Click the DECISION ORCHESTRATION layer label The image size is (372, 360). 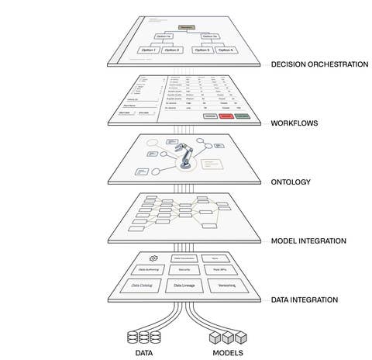319,64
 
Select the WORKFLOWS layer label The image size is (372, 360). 295,123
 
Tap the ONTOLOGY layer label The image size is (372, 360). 291,182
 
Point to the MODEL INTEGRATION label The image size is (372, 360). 309,241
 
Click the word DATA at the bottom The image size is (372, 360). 144,353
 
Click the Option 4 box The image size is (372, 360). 227,50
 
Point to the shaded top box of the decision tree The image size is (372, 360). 186,27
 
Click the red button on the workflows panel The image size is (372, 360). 226,116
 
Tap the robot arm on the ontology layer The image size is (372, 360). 187,158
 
